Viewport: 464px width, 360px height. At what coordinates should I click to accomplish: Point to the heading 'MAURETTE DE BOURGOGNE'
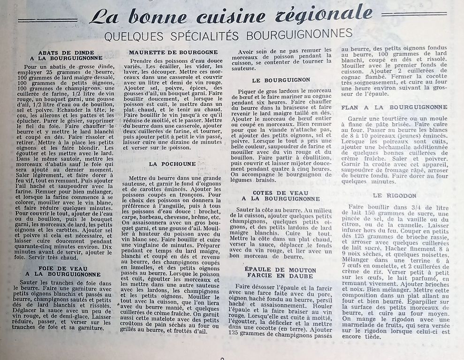point(173,52)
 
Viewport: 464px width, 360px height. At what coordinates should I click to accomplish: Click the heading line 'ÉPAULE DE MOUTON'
point(280,270)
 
